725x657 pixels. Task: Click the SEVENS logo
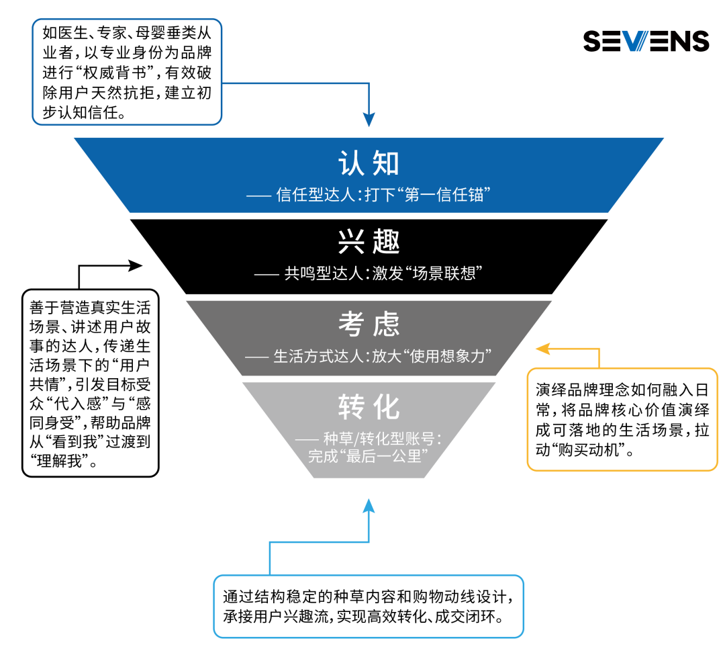[646, 41]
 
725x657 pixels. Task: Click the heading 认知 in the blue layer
[369, 163]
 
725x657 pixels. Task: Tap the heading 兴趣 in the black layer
[369, 242]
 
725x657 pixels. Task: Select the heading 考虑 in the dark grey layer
[369, 324]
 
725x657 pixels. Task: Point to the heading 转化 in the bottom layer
[369, 406]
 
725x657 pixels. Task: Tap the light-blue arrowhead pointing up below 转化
[369, 505]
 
